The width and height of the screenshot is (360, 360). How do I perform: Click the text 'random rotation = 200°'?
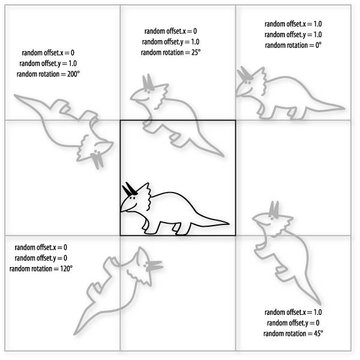click(x=48, y=74)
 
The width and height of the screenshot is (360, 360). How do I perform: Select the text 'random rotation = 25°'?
click(x=170, y=53)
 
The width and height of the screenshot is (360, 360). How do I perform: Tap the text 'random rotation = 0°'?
click(x=293, y=45)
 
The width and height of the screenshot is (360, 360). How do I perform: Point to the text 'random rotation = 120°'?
click(x=41, y=269)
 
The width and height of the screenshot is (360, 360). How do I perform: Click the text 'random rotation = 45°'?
click(x=293, y=334)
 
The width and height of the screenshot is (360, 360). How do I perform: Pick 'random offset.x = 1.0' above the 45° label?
click(x=293, y=312)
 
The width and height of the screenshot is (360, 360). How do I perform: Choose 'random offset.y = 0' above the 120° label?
click(x=41, y=258)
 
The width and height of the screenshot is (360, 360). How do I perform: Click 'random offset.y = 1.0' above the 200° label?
click(x=48, y=64)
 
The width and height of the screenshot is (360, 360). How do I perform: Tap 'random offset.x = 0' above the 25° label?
click(x=170, y=31)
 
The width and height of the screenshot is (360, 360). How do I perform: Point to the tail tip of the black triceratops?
click(x=229, y=223)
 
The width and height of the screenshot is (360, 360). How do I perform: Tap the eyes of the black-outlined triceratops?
click(x=132, y=198)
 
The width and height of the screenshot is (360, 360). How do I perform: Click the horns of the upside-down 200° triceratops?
click(x=97, y=161)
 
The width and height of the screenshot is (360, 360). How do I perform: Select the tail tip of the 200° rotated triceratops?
click(x=15, y=95)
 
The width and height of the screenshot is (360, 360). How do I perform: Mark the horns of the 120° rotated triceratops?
click(x=155, y=266)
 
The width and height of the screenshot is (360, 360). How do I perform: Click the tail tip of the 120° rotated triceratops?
click(x=74, y=334)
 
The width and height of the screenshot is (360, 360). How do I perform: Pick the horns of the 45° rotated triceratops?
click(x=274, y=209)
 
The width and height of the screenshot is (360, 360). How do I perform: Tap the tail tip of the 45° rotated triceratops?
click(x=320, y=304)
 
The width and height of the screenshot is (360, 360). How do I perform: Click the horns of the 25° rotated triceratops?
click(x=148, y=82)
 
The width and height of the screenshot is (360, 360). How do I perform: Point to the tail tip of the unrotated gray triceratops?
click(x=344, y=108)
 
